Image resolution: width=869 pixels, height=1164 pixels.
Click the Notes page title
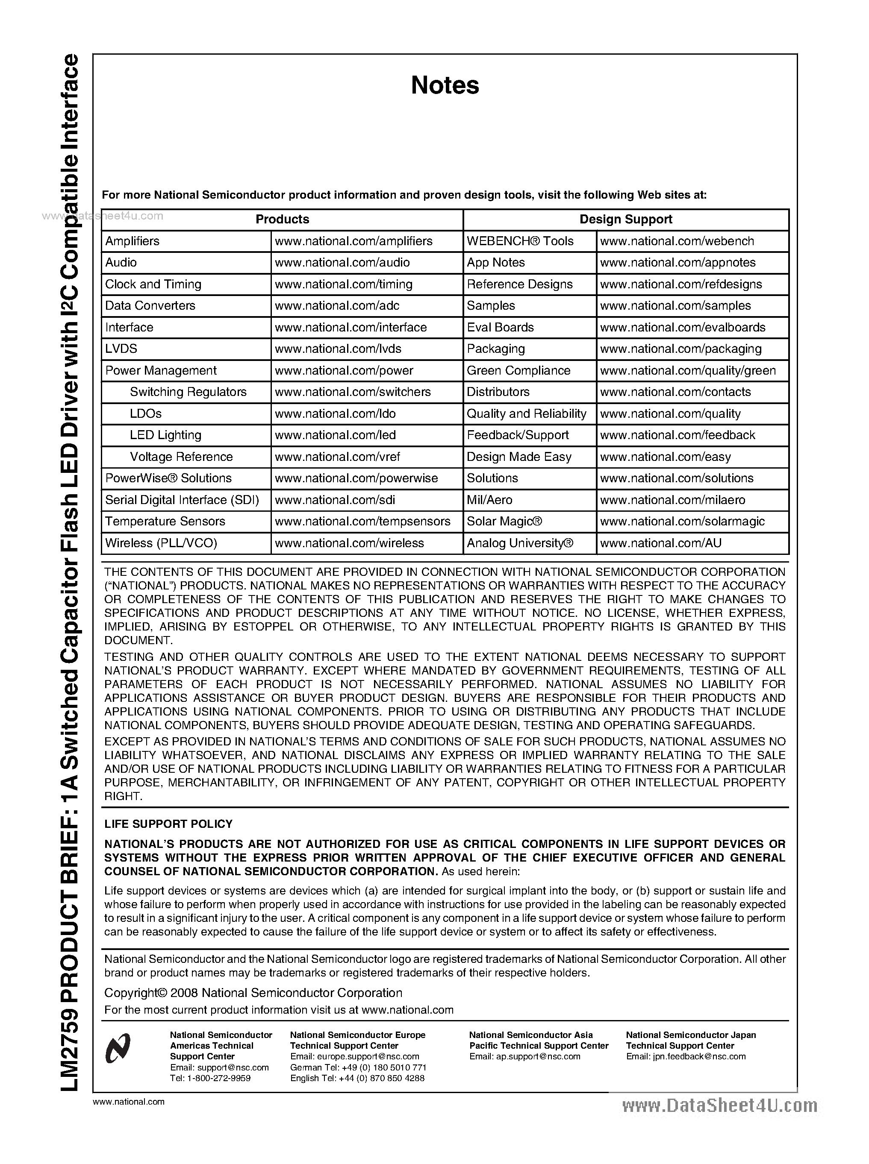click(445, 85)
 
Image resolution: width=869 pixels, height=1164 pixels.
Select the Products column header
click(282, 219)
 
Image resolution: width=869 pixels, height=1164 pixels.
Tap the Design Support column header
click(625, 219)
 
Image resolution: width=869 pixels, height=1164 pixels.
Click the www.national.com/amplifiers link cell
click(353, 241)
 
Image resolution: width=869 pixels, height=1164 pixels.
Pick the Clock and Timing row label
click(153, 284)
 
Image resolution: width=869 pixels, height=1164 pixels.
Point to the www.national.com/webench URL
click(677, 241)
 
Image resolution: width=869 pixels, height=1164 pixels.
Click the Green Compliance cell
click(518, 370)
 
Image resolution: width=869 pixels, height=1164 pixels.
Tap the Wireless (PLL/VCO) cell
click(161, 542)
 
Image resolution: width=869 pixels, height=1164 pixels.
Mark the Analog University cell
click(520, 542)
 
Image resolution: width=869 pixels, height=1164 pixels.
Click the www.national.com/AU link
click(661, 542)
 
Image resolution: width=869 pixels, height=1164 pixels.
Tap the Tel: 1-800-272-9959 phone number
click(210, 1078)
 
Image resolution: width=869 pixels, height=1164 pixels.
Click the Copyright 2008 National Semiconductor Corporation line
click(253, 993)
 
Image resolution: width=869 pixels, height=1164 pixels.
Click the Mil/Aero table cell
click(489, 499)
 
